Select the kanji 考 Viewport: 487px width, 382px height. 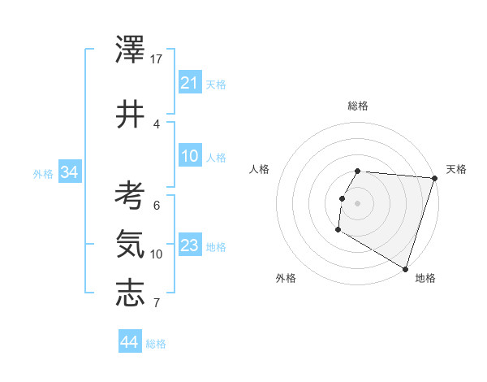click(130, 195)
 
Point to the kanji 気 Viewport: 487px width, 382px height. click(130, 243)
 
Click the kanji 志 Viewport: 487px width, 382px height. click(130, 293)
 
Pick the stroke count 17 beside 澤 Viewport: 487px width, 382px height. click(157, 59)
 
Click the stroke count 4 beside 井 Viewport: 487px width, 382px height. click(157, 124)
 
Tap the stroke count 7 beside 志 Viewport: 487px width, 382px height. click(157, 303)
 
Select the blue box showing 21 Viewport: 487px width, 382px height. click(190, 83)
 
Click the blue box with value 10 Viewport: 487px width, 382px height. click(190, 156)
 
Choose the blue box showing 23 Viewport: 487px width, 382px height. click(190, 245)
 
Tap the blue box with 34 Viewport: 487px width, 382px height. click(70, 172)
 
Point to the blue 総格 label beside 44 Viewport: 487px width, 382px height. click(156, 344)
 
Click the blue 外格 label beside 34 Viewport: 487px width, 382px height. click(43, 173)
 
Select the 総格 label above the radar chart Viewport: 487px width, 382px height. click(358, 106)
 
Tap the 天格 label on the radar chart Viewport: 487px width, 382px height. click(456, 169)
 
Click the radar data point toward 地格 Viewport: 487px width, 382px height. click(405, 268)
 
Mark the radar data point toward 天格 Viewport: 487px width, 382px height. click(434, 178)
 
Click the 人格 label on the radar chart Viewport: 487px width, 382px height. click(259, 169)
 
